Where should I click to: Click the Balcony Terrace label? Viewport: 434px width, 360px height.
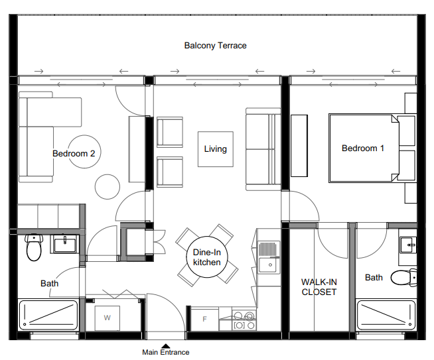point(215,46)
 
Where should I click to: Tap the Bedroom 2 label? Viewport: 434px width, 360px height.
point(74,153)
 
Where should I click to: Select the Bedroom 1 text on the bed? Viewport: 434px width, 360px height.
point(363,149)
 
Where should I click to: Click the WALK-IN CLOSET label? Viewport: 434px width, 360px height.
point(319,287)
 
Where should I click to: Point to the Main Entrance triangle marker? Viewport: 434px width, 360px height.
point(165,346)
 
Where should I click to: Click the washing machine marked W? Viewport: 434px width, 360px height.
point(108,318)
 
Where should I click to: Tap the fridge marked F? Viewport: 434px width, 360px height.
point(204,320)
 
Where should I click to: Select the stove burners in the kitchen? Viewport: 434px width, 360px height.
point(244,320)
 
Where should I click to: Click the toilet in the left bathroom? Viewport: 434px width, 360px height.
point(34,247)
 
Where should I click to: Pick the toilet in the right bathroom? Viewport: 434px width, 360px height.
point(404,277)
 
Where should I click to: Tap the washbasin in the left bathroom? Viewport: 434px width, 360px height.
point(65,245)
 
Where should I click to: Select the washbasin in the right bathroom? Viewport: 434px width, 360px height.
point(408,245)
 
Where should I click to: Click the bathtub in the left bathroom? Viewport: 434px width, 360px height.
point(48,315)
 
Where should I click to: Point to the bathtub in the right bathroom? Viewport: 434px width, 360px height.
point(386,315)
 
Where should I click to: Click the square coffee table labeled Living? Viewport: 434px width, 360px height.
point(216,149)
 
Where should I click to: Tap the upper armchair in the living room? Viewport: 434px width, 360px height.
point(170,132)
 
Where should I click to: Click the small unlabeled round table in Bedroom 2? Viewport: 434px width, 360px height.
point(108,187)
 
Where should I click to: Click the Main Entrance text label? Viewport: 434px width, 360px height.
point(166,352)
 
